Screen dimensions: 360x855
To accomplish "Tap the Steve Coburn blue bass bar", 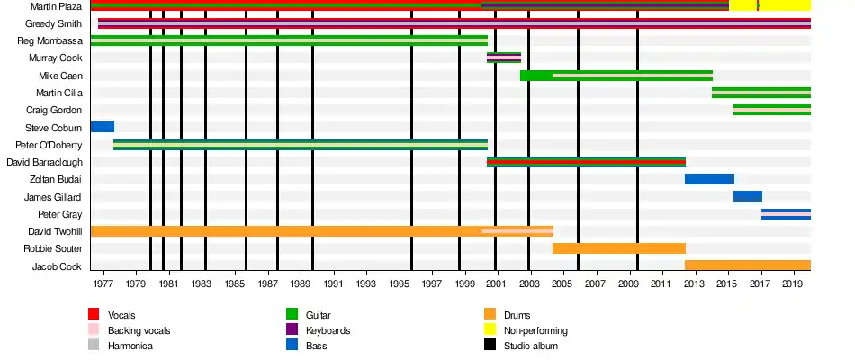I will (103, 127).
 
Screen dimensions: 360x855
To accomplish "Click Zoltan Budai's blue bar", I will (709, 179).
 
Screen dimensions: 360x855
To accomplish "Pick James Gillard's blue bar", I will (748, 196).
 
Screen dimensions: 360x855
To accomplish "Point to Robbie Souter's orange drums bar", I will (619, 248).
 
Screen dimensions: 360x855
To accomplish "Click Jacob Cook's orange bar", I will (747, 265).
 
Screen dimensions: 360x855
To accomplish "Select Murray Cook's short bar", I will (504, 58).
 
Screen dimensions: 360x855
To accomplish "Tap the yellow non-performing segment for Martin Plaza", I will (783, 6).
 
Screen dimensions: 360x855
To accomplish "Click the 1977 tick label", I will (103, 284).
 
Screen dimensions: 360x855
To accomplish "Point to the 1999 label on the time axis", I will (465, 284).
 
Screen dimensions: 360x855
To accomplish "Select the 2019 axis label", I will (793, 284).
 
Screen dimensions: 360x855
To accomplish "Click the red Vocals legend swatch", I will (94, 314).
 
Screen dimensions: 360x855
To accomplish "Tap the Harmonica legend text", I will (130, 346).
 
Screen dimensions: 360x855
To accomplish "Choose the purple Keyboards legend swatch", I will (292, 330).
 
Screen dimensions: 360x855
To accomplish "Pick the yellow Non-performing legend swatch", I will (490, 330).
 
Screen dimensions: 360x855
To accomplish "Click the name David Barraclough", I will (45, 162).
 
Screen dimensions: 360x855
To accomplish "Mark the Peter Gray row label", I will (60, 214).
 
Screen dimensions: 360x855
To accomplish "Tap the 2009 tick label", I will (628, 284).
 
